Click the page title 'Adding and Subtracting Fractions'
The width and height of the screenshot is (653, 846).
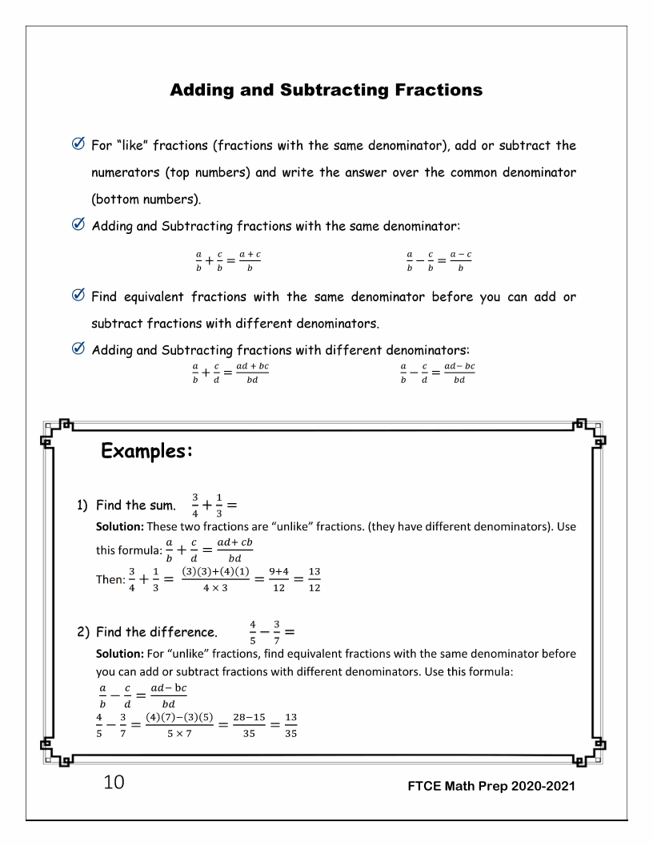[326, 90]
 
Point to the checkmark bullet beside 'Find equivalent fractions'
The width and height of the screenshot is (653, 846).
[79, 297]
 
